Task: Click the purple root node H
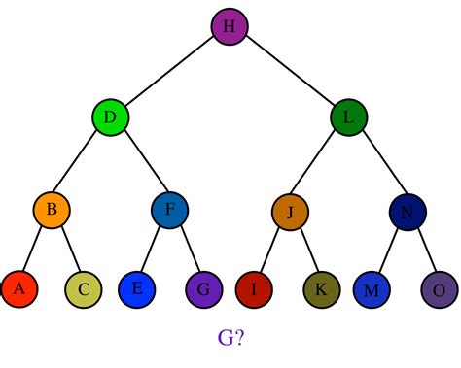tap(230, 25)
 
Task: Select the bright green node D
tap(111, 117)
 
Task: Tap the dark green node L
tap(347, 117)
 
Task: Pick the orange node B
tap(52, 210)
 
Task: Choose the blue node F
tap(169, 210)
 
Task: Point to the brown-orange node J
tap(289, 210)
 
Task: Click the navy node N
tap(407, 210)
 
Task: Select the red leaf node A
tap(18, 288)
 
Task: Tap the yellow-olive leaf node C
tap(84, 288)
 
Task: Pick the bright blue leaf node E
tap(136, 288)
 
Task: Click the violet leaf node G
tap(201, 288)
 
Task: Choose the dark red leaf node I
tap(254, 288)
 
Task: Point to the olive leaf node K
tap(321, 288)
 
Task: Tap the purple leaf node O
tap(438, 288)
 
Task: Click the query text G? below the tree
tap(230, 337)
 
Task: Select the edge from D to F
tap(140, 163)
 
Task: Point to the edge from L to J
tap(318, 163)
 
